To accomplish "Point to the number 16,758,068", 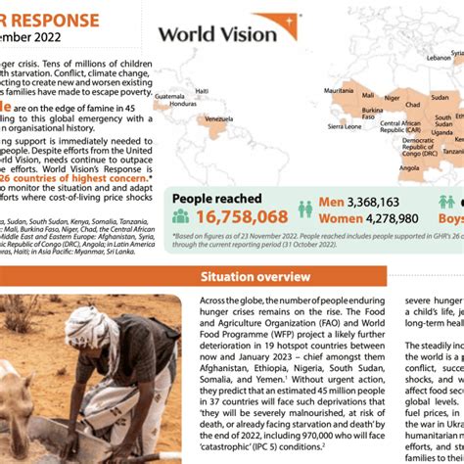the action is point(242,216).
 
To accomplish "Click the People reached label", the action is point(217,198).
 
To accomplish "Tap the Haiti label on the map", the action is point(203,90).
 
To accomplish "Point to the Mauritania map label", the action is point(339,89).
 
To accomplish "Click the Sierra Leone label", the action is point(344,126).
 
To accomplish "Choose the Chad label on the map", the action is point(413,104).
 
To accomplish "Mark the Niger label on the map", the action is point(392,97).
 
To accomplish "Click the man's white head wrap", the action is point(93,327).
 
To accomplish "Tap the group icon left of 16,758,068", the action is point(181,217).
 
